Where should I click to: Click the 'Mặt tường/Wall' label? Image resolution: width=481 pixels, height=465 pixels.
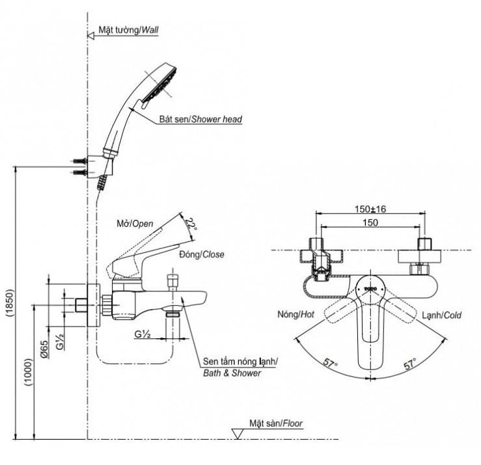128,30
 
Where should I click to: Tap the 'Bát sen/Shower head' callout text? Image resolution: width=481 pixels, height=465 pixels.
200,120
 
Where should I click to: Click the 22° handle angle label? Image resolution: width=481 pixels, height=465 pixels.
190,225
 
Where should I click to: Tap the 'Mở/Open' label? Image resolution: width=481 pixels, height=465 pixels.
134,223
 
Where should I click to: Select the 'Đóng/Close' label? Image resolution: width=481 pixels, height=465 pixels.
202,255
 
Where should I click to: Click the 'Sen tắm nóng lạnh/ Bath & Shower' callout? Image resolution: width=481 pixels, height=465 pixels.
240,367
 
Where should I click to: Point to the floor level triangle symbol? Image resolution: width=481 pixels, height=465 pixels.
238,433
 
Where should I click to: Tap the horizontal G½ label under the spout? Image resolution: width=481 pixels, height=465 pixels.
143,334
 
